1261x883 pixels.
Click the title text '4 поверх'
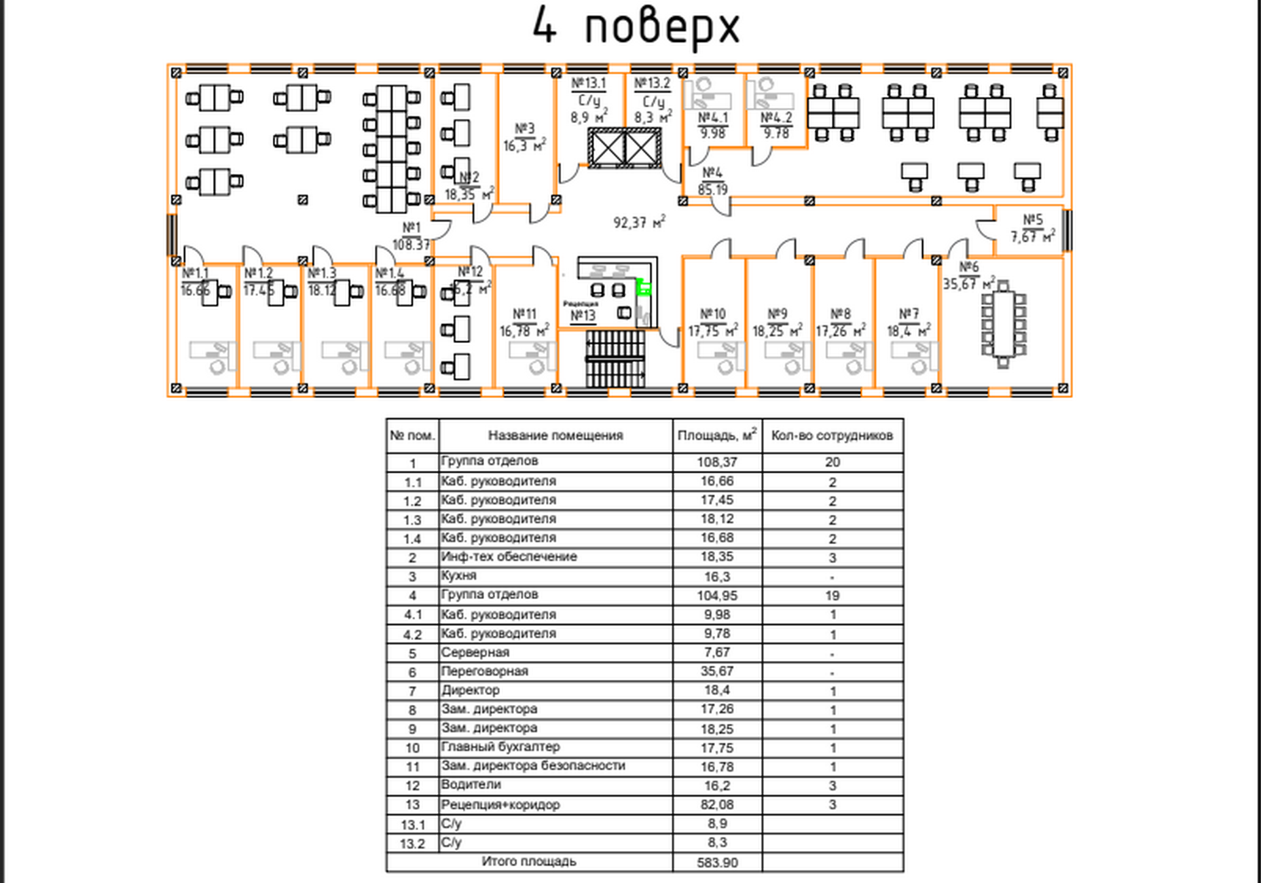(635, 27)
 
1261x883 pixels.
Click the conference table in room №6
(1003, 325)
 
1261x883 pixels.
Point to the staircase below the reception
(615, 359)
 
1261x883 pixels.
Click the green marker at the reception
(643, 288)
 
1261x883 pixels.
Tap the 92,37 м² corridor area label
(639, 222)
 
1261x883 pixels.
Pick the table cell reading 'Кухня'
(459, 576)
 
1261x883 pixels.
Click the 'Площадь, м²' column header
(717, 435)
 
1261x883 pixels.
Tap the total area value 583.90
(717, 863)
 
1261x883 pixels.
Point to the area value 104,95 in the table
(717, 596)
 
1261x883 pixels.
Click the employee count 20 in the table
(833, 463)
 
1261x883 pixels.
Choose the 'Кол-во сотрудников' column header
(832, 435)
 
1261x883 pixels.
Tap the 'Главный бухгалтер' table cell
(500, 746)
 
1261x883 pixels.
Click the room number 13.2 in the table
(412, 844)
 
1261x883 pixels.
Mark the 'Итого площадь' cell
(529, 861)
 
